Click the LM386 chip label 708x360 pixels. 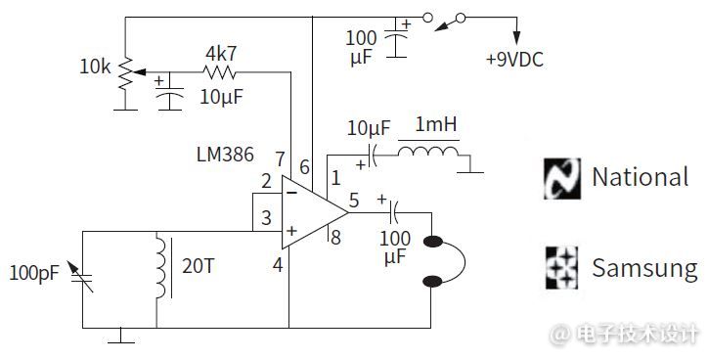225,155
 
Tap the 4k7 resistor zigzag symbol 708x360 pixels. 219,72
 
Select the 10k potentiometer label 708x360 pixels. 95,67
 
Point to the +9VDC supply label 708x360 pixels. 514,60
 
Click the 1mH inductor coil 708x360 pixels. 428,152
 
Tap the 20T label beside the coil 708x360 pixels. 198,266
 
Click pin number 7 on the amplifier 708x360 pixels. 280,159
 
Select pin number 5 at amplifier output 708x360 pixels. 354,201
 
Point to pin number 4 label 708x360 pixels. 278,265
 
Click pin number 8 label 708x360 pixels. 335,238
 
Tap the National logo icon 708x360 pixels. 562,179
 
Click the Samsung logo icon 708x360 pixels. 561,268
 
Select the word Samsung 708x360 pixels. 644,269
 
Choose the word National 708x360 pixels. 641,177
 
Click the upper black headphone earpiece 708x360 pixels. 432,242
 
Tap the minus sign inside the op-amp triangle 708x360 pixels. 291,194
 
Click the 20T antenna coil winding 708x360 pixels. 161,265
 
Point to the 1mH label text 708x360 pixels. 435,124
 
